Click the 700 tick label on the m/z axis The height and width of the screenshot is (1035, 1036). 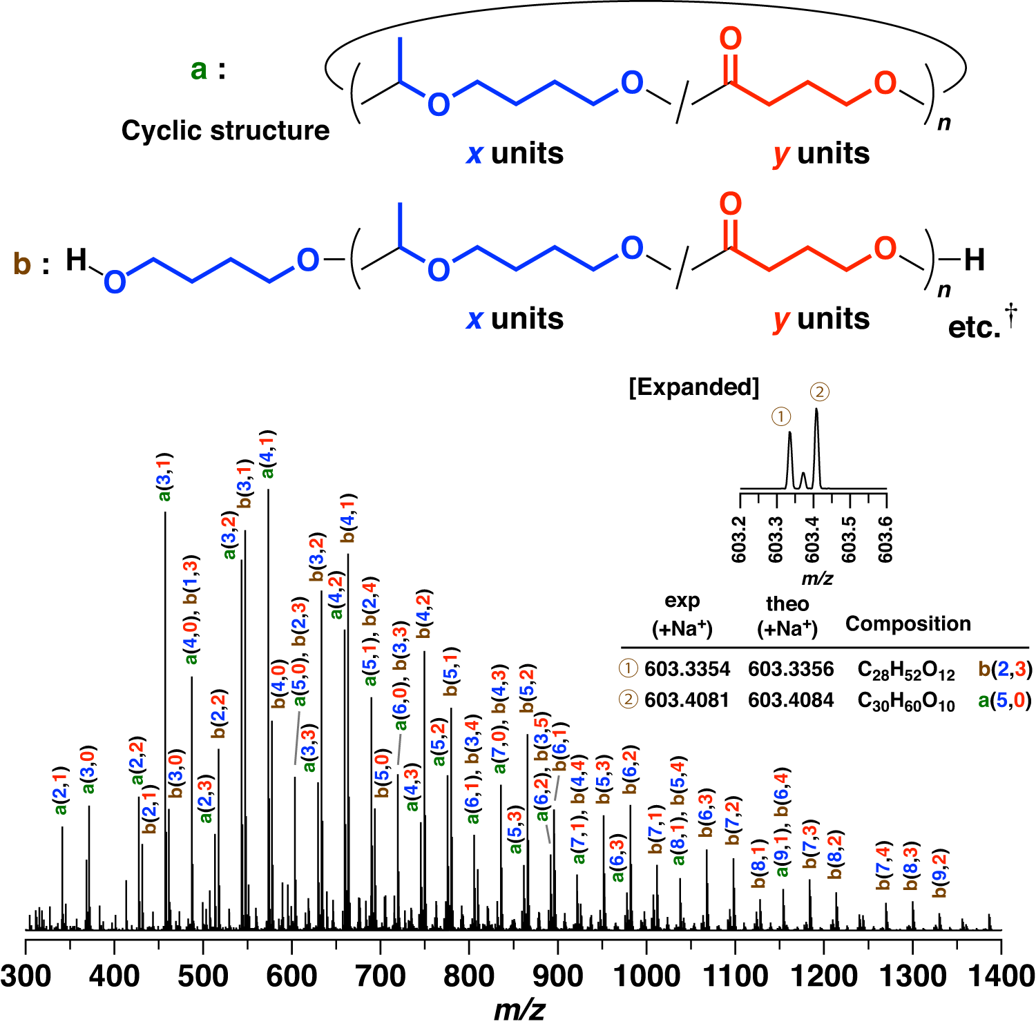380,976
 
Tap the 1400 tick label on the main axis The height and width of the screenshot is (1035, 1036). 999,976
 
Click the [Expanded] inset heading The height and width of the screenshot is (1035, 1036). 693,387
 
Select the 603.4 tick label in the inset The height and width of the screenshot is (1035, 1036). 812,539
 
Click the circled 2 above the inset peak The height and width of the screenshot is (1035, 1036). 819,392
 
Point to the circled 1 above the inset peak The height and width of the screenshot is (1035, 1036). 780,416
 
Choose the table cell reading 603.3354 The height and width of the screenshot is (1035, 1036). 687,669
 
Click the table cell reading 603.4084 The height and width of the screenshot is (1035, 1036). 791,700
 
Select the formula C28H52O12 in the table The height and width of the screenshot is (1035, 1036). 905,670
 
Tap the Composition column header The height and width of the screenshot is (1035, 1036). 908,623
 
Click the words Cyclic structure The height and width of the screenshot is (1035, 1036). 225,130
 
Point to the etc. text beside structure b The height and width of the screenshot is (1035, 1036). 974,327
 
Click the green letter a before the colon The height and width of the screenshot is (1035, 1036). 199,69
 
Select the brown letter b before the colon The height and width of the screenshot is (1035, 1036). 22,264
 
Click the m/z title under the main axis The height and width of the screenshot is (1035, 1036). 519,1010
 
